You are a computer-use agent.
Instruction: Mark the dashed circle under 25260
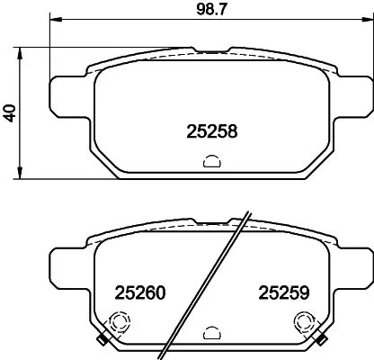[116, 321]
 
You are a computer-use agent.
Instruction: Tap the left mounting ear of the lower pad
[67, 265]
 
